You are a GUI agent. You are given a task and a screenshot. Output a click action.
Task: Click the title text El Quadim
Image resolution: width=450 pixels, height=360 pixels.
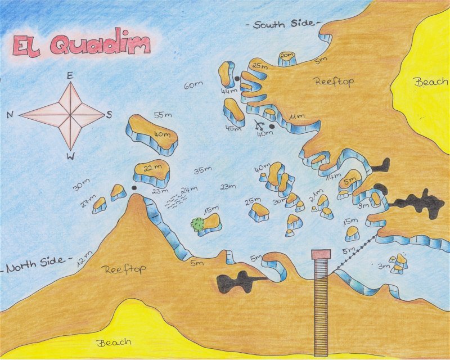pos(82,45)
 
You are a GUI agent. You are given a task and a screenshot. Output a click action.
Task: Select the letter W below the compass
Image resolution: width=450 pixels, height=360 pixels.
pos(70,156)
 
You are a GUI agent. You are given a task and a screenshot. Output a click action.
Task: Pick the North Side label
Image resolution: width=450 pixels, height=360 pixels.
pos(36,265)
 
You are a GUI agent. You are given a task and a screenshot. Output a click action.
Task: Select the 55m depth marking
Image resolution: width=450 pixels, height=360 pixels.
pos(163,115)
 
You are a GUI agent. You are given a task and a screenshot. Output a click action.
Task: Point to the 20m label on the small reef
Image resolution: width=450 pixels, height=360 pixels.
pos(287,56)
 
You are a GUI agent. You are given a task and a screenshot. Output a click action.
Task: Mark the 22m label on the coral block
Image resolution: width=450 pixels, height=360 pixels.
pos(150,169)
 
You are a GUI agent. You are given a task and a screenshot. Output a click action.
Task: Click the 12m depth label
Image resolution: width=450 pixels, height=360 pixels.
pos(84,258)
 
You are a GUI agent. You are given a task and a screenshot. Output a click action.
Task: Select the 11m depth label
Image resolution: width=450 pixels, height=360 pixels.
pos(296,116)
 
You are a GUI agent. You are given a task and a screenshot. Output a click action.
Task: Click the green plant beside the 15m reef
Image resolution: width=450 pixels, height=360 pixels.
pos(197,224)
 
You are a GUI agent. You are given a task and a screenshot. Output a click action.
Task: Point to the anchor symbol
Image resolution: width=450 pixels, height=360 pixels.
pos(259,126)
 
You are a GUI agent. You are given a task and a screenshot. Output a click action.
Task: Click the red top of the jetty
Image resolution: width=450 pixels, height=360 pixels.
pos(321,254)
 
